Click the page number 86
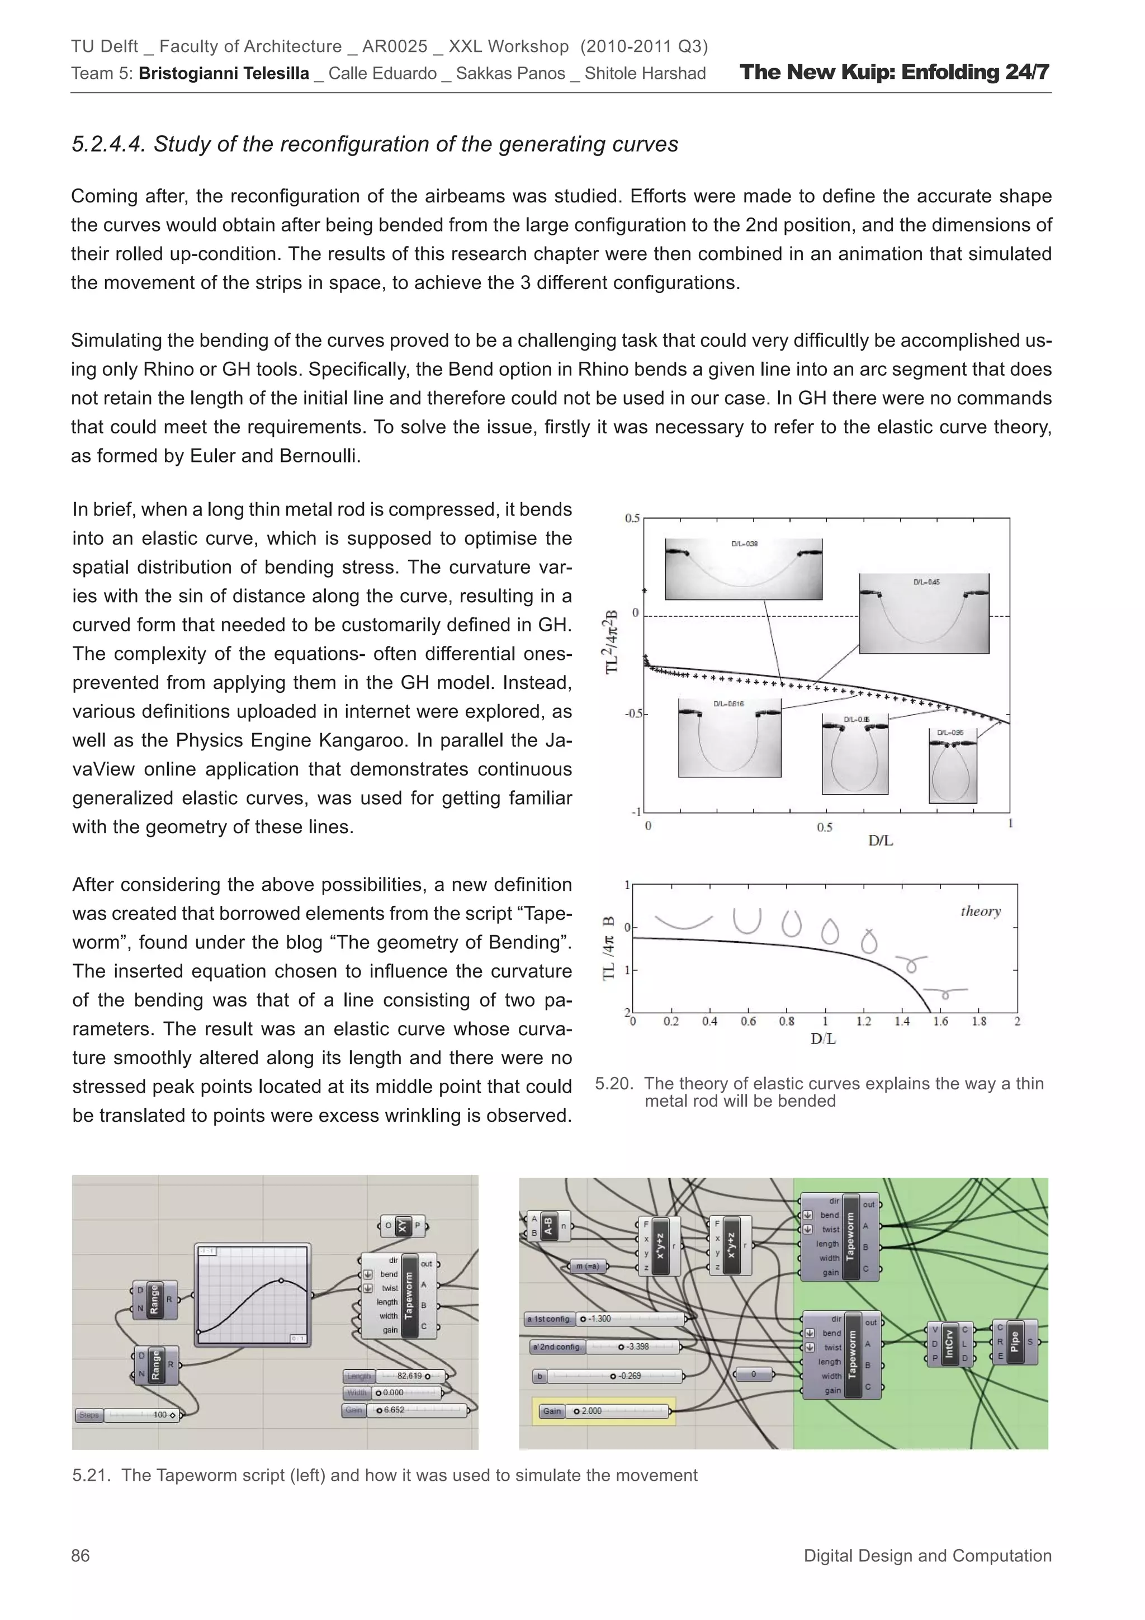81,1555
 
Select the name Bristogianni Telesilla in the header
224,73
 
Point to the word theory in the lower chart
980,911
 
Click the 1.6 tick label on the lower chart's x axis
940,1021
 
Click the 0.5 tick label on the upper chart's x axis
825,827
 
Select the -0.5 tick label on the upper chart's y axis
632,714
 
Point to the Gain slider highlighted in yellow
603,1411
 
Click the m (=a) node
587,1267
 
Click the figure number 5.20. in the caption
614,1084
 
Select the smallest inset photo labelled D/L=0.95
953,766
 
